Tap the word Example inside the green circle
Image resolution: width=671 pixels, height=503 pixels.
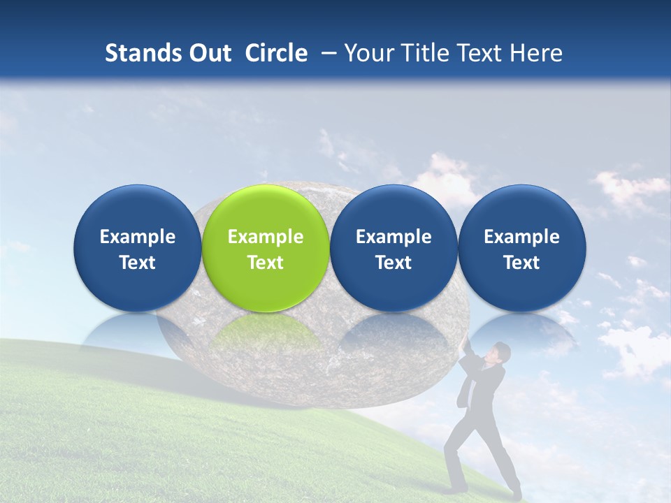(266, 237)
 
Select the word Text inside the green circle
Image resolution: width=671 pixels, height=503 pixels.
(266, 263)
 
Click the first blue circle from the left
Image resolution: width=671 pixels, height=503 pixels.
(137, 248)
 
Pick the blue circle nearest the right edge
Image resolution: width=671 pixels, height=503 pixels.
(521, 248)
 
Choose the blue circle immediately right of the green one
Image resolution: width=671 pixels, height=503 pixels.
(394, 248)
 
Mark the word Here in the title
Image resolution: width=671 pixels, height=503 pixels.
(536, 53)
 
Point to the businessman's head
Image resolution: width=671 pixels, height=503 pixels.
(499, 352)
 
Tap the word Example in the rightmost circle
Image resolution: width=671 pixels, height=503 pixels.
(521, 237)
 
